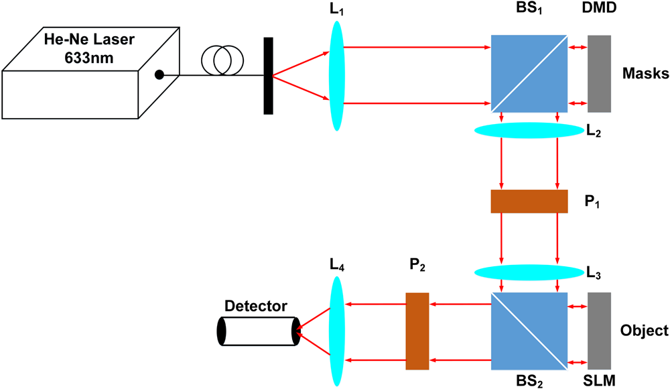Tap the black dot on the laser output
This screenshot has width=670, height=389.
click(159, 74)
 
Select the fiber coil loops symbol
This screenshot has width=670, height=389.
click(220, 60)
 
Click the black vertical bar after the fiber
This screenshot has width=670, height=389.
click(268, 76)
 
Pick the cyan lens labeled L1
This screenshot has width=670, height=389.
click(336, 75)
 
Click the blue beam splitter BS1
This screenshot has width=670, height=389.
click(529, 73)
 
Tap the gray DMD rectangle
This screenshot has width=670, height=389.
click(599, 73)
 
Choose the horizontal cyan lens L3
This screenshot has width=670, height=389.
click(528, 272)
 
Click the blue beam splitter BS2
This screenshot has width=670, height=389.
click(529, 331)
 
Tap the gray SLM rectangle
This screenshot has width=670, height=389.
click(599, 331)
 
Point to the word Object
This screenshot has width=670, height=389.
click(644, 331)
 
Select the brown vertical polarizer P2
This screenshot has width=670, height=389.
click(417, 331)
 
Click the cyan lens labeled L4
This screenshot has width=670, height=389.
click(336, 331)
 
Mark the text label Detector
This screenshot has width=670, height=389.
click(256, 307)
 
